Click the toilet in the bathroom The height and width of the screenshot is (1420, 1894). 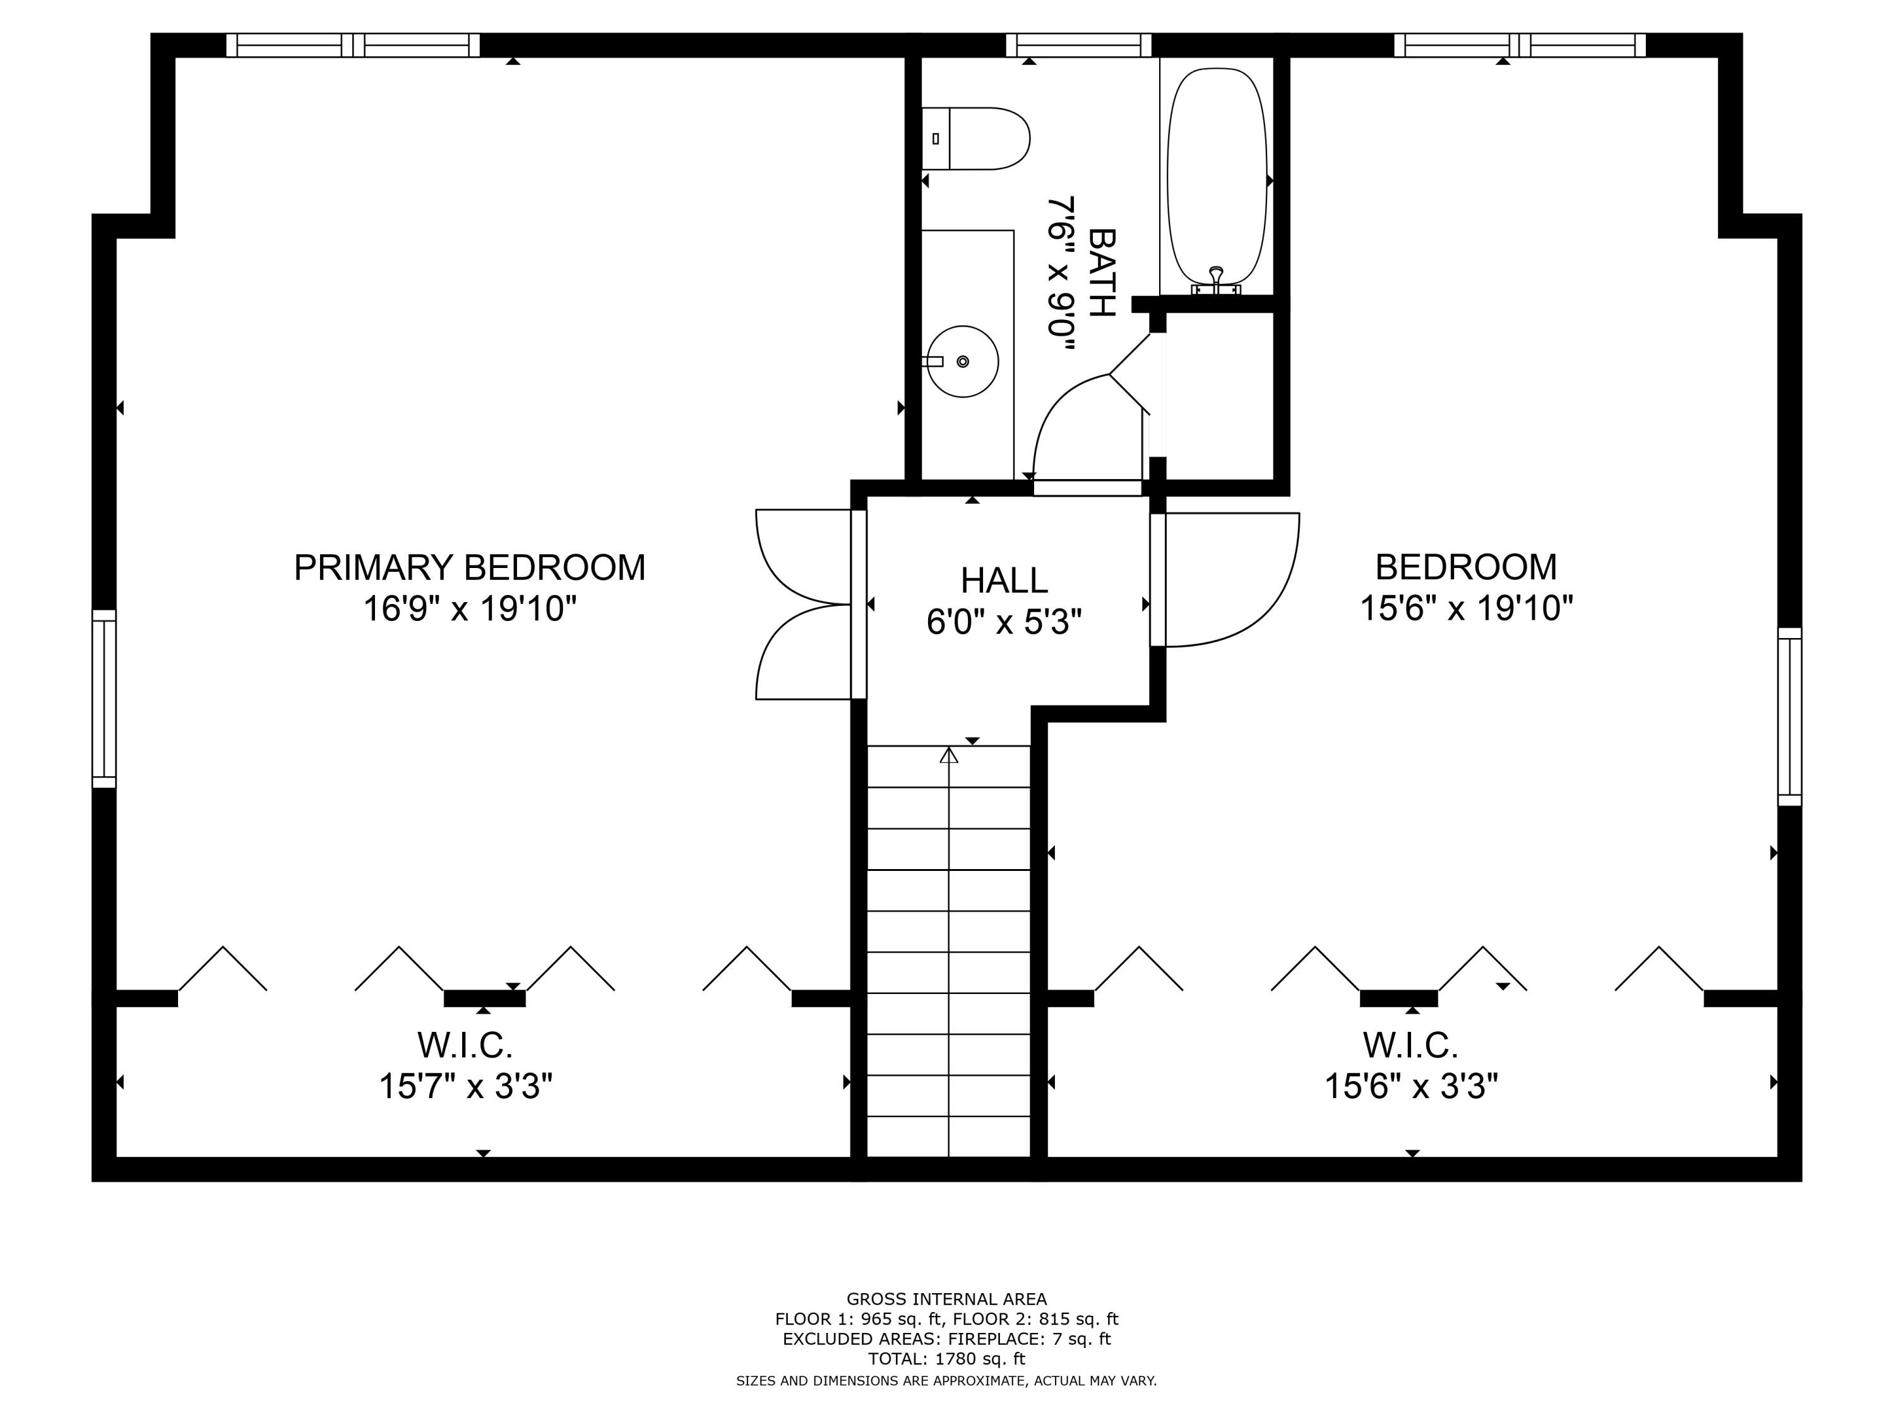coord(976,139)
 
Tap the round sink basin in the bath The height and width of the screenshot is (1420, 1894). coord(963,361)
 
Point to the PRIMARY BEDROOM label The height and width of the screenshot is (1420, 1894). coord(469,567)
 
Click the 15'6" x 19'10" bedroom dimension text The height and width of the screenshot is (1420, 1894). coord(1466,608)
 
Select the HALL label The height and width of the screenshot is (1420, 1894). coord(1004,581)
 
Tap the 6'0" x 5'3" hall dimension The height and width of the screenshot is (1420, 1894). coord(1004,622)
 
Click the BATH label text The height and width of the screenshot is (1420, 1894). coord(1102,272)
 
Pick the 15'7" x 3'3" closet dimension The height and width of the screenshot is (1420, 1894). coord(466,1086)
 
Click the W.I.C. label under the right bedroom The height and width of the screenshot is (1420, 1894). coord(1410,1044)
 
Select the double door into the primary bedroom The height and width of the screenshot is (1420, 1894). coord(805,605)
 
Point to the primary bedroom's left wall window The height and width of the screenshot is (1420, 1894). coord(104,699)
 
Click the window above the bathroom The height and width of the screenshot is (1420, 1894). coord(1078,45)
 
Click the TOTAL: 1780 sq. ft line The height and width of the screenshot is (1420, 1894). coord(946,1358)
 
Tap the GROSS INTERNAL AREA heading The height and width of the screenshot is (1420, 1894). coord(946,1299)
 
